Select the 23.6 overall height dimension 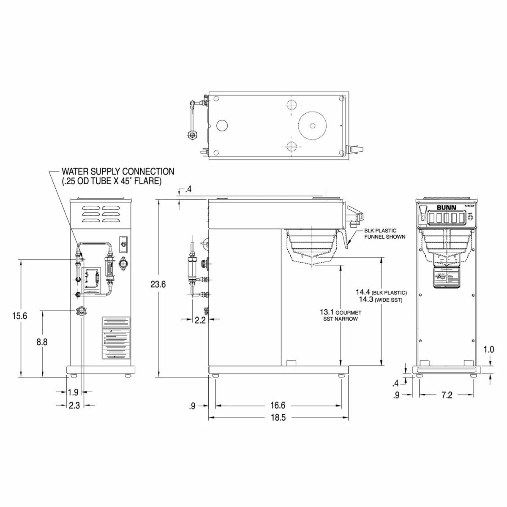158,284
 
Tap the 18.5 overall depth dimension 278,417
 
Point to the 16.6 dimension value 278,406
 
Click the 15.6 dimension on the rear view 20,316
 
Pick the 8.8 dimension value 42,342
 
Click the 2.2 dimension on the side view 200,320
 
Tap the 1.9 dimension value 73,392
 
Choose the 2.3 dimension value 74,405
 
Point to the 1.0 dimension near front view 489,350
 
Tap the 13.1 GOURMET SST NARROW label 341,315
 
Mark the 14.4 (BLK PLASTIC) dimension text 381,292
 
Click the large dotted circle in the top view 313,125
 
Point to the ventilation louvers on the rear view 101,214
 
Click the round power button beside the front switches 470,218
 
